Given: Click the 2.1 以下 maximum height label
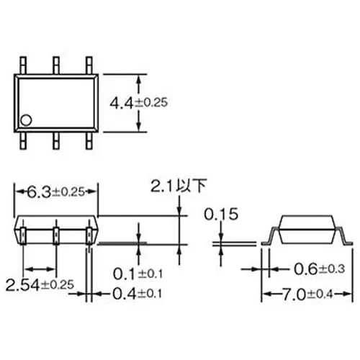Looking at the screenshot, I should (177, 186).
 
